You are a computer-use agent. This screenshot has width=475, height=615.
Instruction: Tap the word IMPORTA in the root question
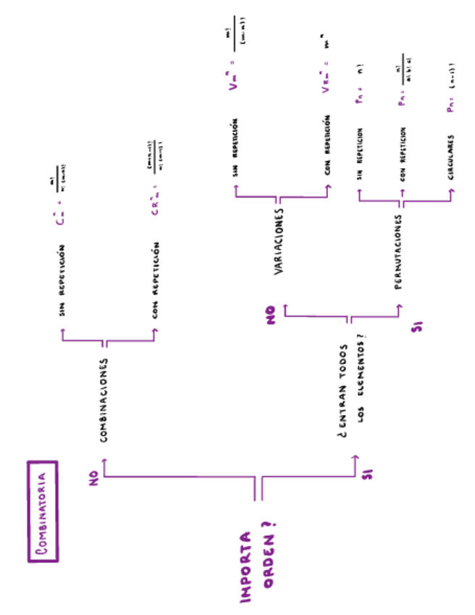(246, 568)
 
